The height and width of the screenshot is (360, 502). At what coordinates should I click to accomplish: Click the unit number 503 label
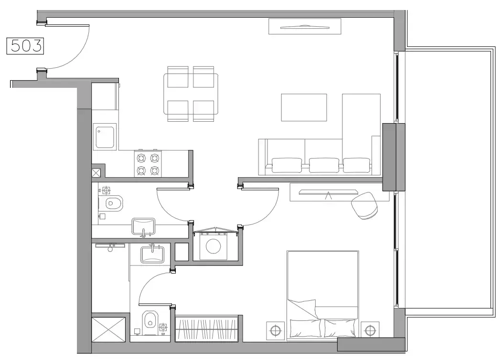click(25, 46)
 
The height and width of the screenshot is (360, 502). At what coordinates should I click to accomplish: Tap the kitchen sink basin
click(105, 137)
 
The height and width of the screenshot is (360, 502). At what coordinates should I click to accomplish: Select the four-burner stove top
click(148, 164)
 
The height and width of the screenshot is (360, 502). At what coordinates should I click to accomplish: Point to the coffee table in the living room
click(304, 107)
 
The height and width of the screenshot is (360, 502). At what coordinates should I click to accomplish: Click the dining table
click(191, 94)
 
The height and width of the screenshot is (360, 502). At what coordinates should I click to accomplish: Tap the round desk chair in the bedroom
click(364, 205)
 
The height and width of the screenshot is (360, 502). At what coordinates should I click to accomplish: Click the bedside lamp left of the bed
click(275, 329)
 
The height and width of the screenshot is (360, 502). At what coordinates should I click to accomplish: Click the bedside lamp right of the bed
click(370, 329)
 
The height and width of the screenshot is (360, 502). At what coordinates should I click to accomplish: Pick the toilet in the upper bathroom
click(113, 203)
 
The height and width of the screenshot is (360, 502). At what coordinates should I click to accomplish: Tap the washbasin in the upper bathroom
click(143, 226)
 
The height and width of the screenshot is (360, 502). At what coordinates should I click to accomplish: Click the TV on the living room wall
click(304, 27)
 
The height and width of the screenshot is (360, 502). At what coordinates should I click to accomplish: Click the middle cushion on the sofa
click(324, 165)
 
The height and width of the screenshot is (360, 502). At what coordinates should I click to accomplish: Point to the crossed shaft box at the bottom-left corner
click(109, 328)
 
